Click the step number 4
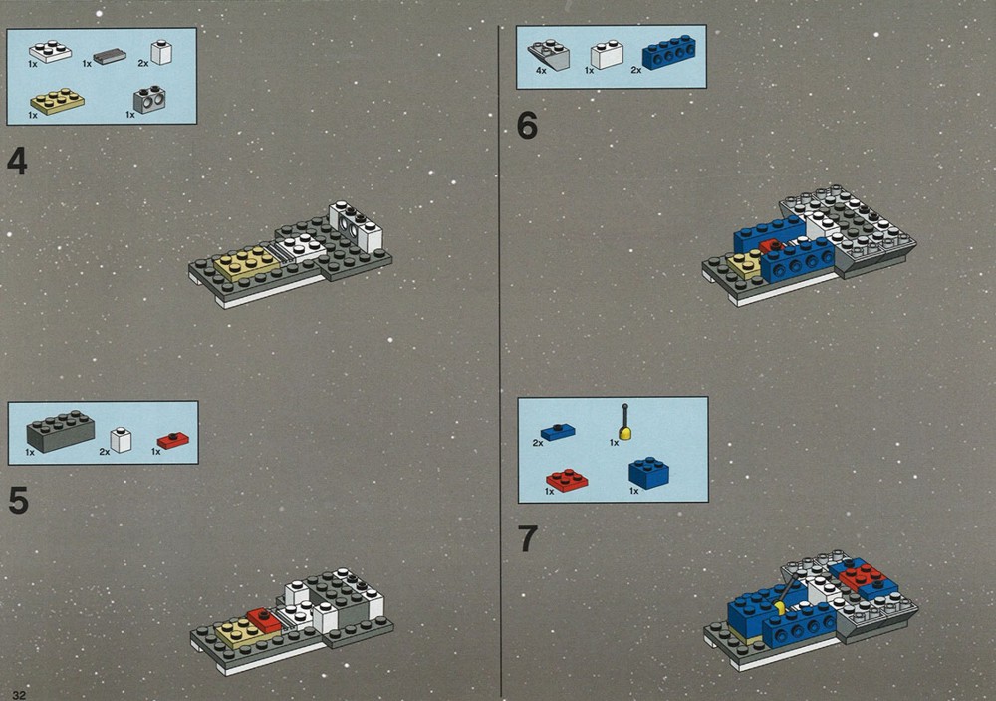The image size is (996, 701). (x=17, y=161)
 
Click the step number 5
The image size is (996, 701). (x=18, y=500)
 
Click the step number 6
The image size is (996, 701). (x=527, y=125)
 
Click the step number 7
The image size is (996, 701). (x=528, y=538)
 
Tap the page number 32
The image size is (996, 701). (x=19, y=695)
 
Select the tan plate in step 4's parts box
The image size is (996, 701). (x=57, y=101)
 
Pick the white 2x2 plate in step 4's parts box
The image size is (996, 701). (x=50, y=52)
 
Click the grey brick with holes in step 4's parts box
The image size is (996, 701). (x=150, y=100)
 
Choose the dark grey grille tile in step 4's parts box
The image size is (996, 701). (x=110, y=57)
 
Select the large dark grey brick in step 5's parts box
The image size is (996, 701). (x=61, y=431)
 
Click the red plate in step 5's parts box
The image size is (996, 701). (x=173, y=440)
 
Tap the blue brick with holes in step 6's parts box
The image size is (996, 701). (x=668, y=52)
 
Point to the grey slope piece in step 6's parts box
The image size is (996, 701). (x=548, y=55)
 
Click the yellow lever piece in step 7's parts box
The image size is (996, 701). (x=625, y=422)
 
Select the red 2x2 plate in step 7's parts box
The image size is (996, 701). (x=567, y=481)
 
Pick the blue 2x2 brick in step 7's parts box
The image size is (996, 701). (x=648, y=473)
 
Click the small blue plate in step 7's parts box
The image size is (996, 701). (x=558, y=432)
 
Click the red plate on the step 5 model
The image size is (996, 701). (x=265, y=620)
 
